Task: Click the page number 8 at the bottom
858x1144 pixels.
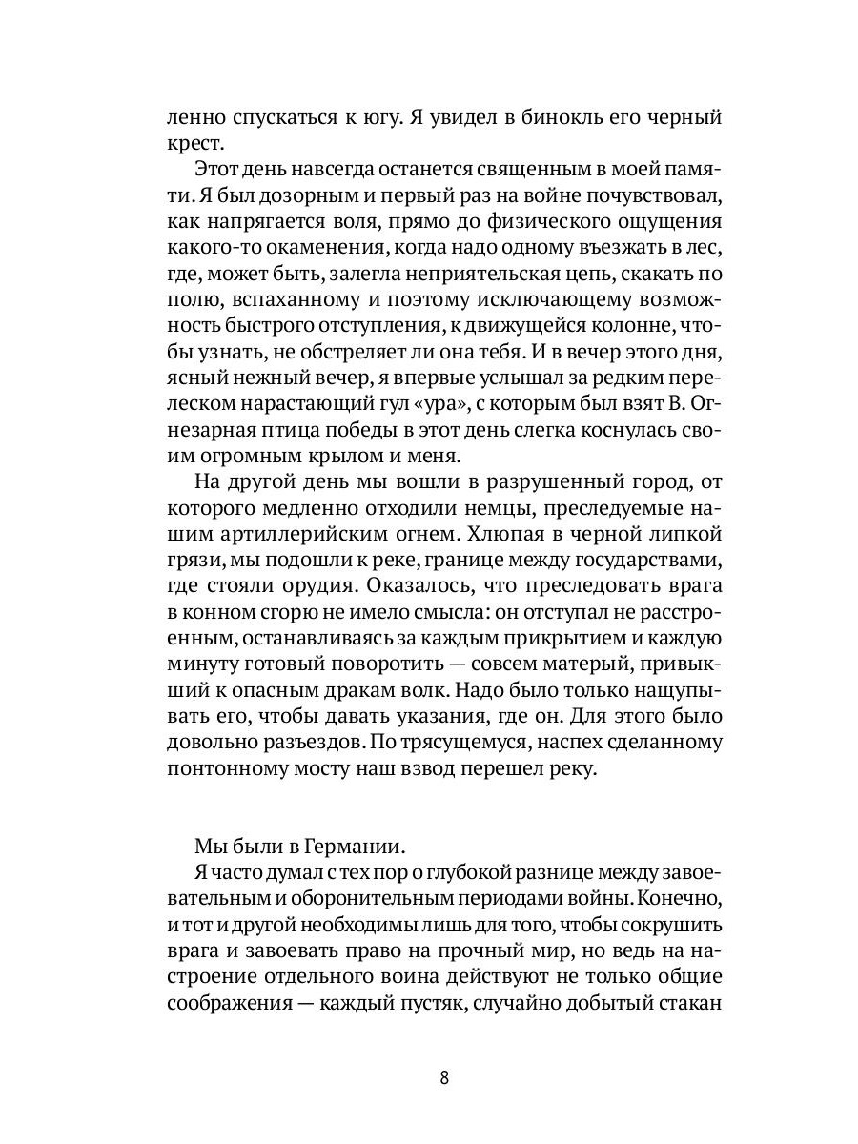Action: (x=444, y=1079)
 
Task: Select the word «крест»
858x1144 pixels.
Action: (x=196, y=145)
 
